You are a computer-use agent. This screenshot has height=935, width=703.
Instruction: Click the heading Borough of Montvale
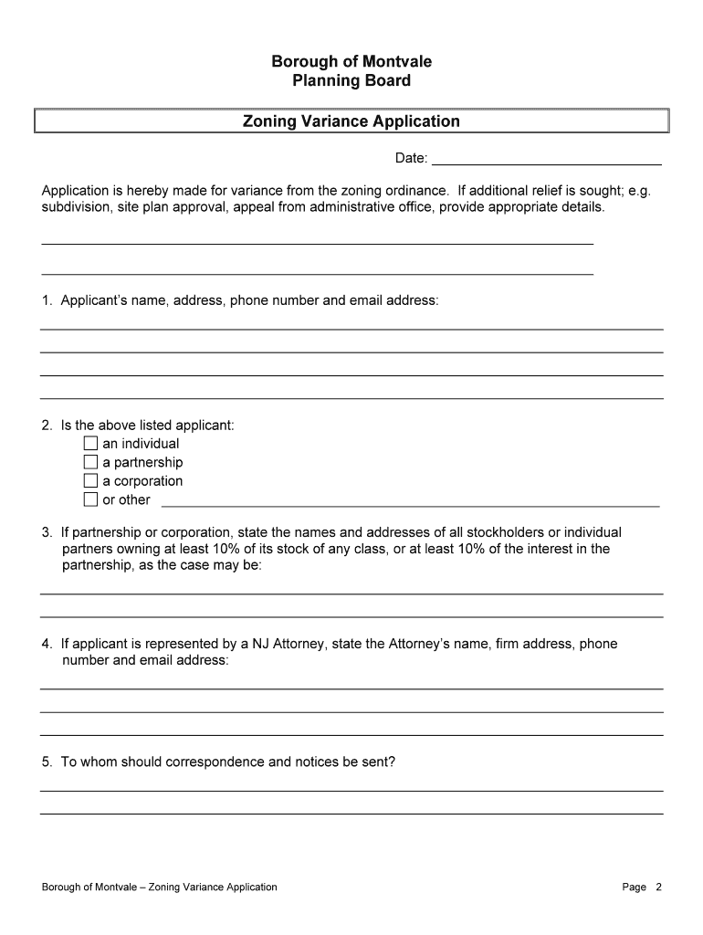[x=351, y=61]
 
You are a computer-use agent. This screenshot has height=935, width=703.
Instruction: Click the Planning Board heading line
[x=351, y=80]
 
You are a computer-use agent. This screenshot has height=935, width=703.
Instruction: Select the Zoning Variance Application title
[x=351, y=121]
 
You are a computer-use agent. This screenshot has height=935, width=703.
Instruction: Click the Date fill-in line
[x=546, y=163]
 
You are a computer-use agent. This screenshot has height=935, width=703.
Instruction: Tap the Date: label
[x=411, y=159]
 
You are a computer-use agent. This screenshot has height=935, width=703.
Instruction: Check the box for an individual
[x=90, y=444]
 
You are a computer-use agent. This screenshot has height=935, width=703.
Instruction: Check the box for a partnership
[x=90, y=462]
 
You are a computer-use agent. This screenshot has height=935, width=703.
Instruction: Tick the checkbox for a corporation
[x=90, y=481]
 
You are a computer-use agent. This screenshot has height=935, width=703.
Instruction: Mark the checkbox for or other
[x=90, y=499]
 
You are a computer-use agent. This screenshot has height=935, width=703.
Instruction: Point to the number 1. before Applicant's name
[x=47, y=300]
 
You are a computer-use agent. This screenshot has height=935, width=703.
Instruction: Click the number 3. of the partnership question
[x=47, y=532]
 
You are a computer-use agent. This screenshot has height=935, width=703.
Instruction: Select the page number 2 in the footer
[x=658, y=887]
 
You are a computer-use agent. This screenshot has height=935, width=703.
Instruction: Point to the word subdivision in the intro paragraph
[x=76, y=207]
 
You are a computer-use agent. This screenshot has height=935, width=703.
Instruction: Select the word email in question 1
[x=367, y=300]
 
